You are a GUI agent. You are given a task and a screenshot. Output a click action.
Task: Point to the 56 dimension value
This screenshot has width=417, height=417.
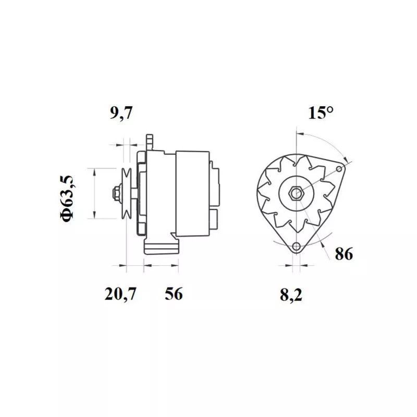[x=174, y=295]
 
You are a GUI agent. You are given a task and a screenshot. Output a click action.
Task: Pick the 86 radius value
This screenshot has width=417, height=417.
[x=344, y=255]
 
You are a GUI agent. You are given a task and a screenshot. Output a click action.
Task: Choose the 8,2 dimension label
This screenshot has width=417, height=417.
[x=292, y=296]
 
